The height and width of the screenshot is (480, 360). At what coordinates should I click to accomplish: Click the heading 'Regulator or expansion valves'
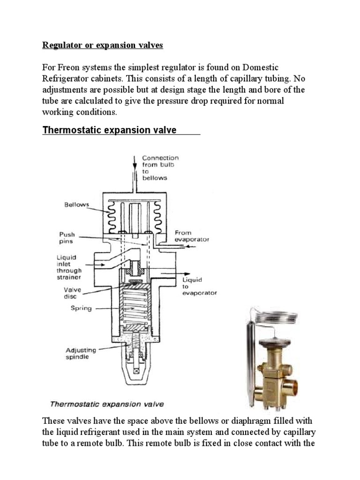(103, 45)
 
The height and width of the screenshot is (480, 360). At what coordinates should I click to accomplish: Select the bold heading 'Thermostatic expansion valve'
(109, 130)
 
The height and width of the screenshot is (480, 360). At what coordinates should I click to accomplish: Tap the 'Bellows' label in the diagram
(76, 205)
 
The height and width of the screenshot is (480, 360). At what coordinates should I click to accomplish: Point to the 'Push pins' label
(67, 238)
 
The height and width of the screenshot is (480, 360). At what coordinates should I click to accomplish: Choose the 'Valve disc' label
(69, 293)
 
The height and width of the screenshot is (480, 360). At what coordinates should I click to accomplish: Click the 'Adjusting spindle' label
(81, 353)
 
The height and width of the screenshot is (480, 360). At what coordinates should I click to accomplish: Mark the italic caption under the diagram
(106, 404)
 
